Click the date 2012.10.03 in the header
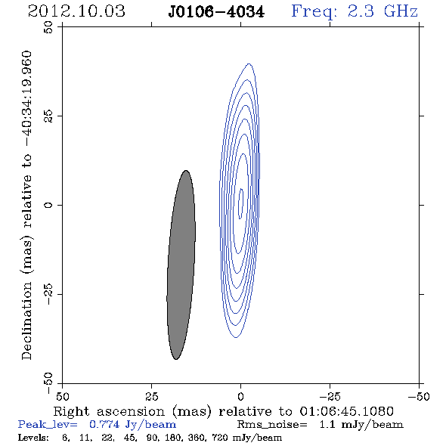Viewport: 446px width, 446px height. pyautogui.click(x=76, y=11)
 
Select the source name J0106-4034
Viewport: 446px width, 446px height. pyautogui.click(x=216, y=12)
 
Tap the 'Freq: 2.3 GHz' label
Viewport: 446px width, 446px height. pyautogui.click(x=355, y=12)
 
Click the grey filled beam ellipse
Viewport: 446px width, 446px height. pyautogui.click(x=181, y=265)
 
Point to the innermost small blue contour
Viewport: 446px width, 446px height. pyautogui.click(x=241, y=203)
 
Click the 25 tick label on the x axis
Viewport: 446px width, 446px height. pyautogui.click(x=151, y=396)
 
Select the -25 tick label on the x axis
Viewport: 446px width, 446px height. pyautogui.click(x=330, y=396)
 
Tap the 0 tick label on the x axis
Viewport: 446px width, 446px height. pyautogui.click(x=240, y=396)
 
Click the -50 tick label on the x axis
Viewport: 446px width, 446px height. pyautogui.click(x=419, y=396)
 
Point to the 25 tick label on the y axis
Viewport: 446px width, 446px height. pyautogui.click(x=48, y=116)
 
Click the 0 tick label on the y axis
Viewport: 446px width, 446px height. pyautogui.click(x=48, y=205)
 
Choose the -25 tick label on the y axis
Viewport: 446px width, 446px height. pyautogui.click(x=48, y=294)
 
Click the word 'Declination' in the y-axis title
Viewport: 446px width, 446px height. pyautogui.click(x=26, y=321)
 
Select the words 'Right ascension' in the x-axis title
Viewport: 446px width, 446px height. pyautogui.click(x=109, y=411)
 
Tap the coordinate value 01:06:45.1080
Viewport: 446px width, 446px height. pyautogui.click(x=346, y=411)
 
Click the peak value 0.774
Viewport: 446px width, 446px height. pyautogui.click(x=104, y=425)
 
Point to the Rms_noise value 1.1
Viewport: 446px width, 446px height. pyautogui.click(x=327, y=425)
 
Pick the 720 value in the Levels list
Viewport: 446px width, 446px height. pyautogui.click(x=219, y=438)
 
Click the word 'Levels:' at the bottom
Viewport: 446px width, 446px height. pyautogui.click(x=33, y=437)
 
